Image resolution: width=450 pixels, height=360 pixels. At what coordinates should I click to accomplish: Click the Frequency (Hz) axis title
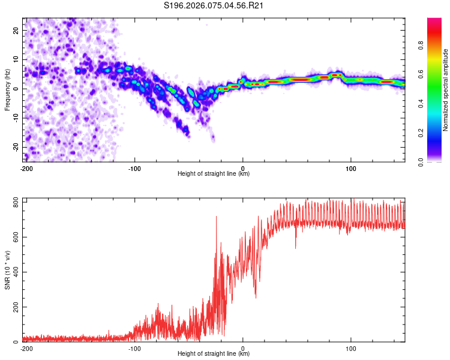pyautogui.click(x=8, y=89)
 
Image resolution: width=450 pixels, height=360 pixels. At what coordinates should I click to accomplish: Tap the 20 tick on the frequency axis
pyautogui.click(x=16, y=30)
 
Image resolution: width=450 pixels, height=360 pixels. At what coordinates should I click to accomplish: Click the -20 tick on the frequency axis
pyautogui.click(x=15, y=148)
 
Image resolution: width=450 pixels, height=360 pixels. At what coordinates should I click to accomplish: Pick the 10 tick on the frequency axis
pyautogui.click(x=16, y=59)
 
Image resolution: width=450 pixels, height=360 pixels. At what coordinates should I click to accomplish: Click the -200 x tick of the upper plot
pyautogui.click(x=26, y=168)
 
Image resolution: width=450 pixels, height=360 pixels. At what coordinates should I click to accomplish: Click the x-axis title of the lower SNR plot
pyautogui.click(x=214, y=354)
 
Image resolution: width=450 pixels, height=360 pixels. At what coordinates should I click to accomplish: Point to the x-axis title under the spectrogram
pyautogui.click(x=214, y=174)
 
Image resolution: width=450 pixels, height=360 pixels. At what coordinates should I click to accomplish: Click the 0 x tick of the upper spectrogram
pyautogui.click(x=243, y=168)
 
